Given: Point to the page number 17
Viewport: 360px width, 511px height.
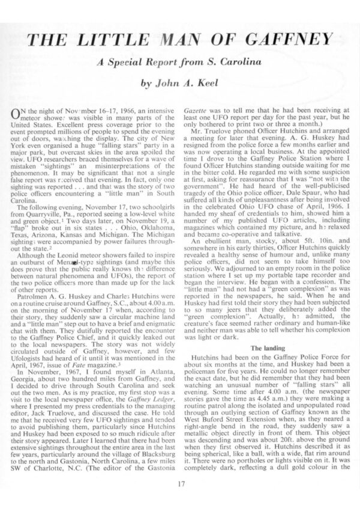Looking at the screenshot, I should pos(180,482).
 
